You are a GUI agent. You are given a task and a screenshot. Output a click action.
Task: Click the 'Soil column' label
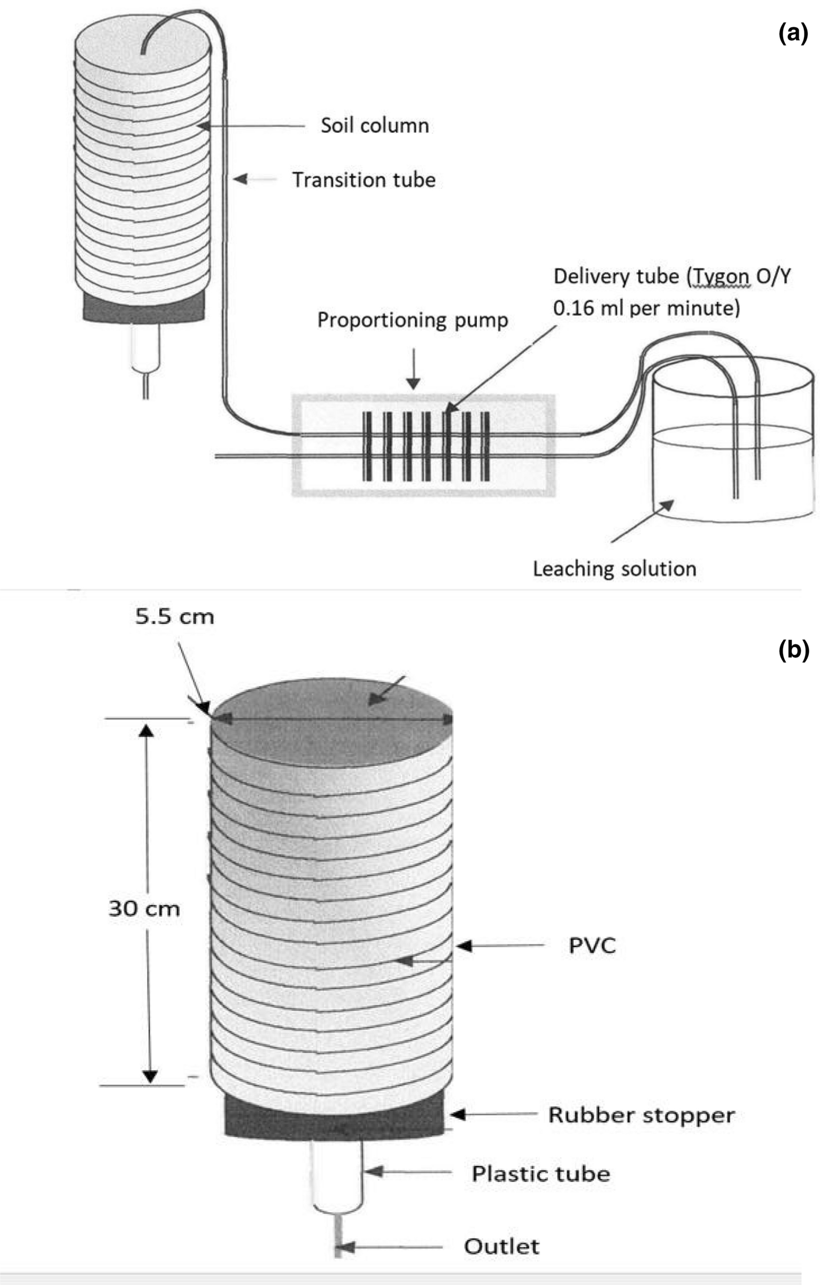[374, 126]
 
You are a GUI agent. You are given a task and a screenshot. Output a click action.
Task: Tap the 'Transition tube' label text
[363, 180]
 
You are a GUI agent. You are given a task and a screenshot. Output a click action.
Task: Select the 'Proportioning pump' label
[412, 320]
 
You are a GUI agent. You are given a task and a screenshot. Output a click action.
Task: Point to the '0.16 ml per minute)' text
[646, 308]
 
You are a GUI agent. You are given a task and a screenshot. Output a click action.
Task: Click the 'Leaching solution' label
[614, 568]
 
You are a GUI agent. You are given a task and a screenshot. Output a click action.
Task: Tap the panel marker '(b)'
[793, 650]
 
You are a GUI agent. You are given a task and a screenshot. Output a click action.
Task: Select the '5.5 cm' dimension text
[174, 617]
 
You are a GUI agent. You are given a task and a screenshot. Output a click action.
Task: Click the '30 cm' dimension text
[144, 909]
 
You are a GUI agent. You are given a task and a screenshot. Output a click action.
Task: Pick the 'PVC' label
[592, 946]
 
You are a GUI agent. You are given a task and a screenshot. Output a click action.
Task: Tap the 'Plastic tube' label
[540, 1174]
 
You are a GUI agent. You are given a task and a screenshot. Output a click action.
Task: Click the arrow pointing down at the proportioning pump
[413, 374]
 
